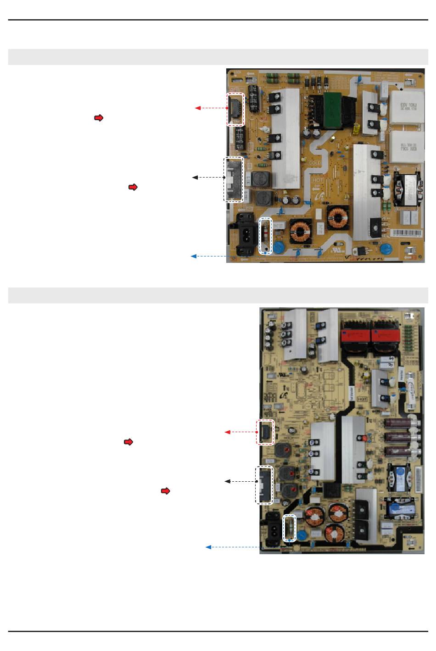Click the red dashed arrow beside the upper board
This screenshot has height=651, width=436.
point(212,108)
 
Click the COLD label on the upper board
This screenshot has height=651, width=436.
point(315,162)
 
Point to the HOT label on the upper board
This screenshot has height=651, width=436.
point(318,180)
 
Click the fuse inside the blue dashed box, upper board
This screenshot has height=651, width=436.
point(265,235)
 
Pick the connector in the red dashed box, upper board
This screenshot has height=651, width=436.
point(236,109)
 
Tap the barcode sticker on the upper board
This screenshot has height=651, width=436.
point(406,233)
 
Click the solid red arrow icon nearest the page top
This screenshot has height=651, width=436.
point(99,118)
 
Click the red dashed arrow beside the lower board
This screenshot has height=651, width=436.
point(240,432)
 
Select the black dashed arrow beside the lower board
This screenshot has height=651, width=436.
point(240,481)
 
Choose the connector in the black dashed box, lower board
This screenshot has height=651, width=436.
point(263,485)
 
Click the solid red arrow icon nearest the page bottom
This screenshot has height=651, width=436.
point(166,491)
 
